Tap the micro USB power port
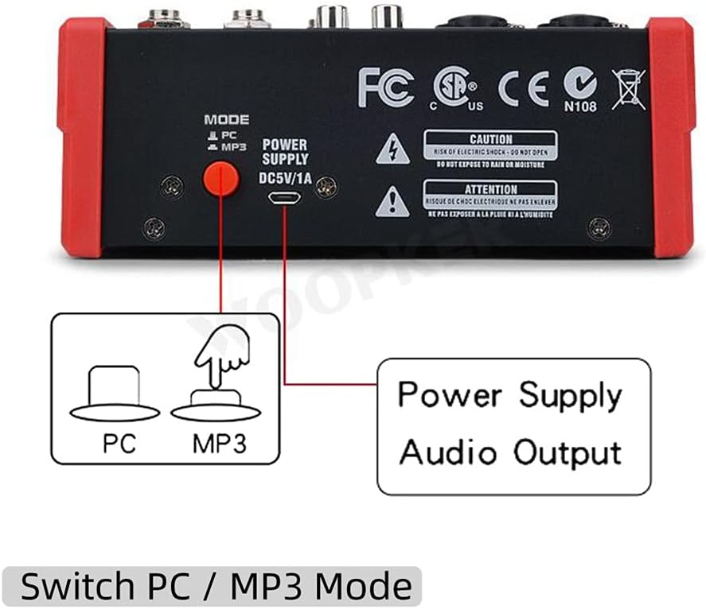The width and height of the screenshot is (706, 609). pos(285,198)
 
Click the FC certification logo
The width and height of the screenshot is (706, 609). pos(386,87)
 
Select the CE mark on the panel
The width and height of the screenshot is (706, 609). pos(524,88)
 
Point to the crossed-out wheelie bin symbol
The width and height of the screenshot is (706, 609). pos(629,88)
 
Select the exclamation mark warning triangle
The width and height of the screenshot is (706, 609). pos(392,201)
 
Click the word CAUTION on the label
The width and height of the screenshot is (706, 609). pos(490,140)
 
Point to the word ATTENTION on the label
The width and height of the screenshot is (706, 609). pos(490,190)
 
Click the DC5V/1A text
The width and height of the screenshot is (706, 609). pos(284,177)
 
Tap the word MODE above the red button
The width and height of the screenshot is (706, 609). pos(226,120)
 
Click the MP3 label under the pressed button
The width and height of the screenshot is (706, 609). pos(219,444)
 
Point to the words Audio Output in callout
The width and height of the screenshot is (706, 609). pos(509,452)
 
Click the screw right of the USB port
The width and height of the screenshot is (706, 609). pos(325,188)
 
